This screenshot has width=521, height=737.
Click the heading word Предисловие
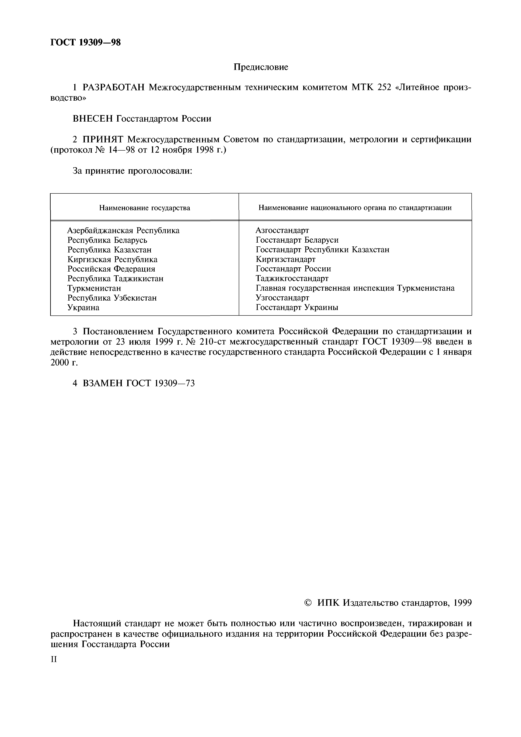(261, 67)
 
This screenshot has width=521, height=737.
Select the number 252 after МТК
(384, 87)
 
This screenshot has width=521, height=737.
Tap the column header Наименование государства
(144, 208)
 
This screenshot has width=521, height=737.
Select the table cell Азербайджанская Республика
(123, 230)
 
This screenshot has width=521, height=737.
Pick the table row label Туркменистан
(94, 288)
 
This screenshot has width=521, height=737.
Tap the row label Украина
(83, 307)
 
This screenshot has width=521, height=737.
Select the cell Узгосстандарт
(282, 298)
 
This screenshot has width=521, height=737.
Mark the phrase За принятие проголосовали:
(133, 171)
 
